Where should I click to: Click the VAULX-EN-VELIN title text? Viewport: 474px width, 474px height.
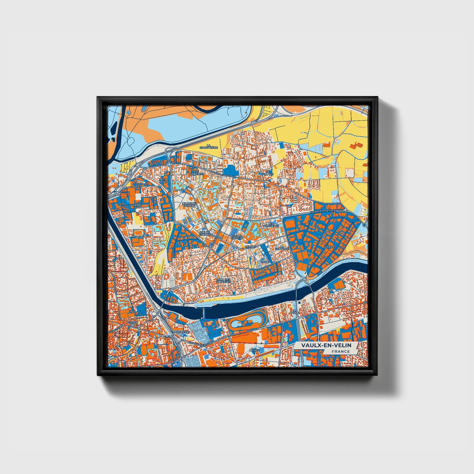point(326,345)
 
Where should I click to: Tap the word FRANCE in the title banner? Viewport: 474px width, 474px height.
point(340,351)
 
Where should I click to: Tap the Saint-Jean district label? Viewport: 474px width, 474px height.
point(137,206)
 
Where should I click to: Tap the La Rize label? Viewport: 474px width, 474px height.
point(329,247)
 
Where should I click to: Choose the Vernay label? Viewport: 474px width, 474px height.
point(250,247)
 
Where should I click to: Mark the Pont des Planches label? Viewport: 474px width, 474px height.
point(223,281)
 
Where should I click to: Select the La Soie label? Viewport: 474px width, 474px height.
point(253,350)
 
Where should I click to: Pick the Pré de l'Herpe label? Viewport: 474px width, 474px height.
point(205,233)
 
